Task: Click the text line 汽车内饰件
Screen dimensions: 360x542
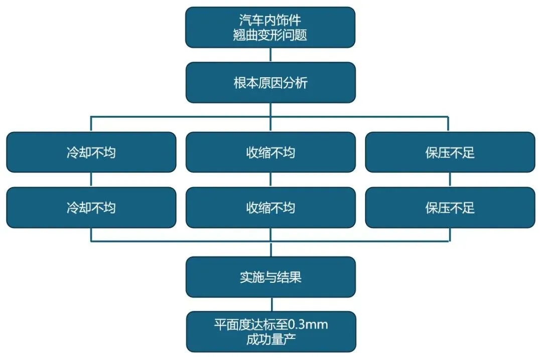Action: pyautogui.click(x=270, y=21)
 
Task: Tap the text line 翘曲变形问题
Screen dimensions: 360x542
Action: pyautogui.click(x=270, y=35)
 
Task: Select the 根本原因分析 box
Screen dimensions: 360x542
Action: pyautogui.click(x=270, y=83)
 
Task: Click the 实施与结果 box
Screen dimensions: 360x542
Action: pyautogui.click(x=270, y=277)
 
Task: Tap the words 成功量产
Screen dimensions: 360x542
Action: pyautogui.click(x=270, y=339)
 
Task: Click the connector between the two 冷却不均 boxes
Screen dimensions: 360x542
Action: pyautogui.click(x=91, y=179)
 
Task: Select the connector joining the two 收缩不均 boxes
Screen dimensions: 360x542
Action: pyautogui.click(x=271, y=179)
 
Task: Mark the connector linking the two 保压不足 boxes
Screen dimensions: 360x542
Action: pyautogui.click(x=450, y=179)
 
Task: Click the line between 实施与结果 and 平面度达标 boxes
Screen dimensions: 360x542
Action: pyautogui.click(x=271, y=304)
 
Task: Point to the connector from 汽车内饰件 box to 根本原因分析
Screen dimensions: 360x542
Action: pyautogui.click(x=271, y=55)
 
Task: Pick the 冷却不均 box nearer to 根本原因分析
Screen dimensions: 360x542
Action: pyautogui.click(x=91, y=152)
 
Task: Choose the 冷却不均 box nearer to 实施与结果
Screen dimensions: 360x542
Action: pyautogui.click(x=91, y=208)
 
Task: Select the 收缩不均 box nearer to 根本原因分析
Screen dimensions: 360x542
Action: pyautogui.click(x=270, y=152)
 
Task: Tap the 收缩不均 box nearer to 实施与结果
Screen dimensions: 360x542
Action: pyautogui.click(x=270, y=208)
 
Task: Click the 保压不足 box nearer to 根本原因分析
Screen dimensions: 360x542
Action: pyautogui.click(x=450, y=152)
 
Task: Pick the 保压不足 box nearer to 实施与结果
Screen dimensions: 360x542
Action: pyautogui.click(x=450, y=208)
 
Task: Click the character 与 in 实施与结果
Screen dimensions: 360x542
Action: pyautogui.click(x=270, y=277)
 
